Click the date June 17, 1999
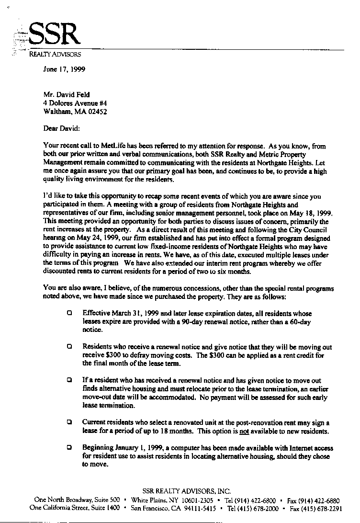(x=64, y=68)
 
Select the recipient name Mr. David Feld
(x=66, y=94)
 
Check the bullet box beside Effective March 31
(x=70, y=313)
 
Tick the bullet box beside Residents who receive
(x=70, y=346)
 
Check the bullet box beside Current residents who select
(x=70, y=422)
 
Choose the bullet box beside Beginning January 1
(x=70, y=447)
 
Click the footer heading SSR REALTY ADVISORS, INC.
(x=187, y=491)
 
